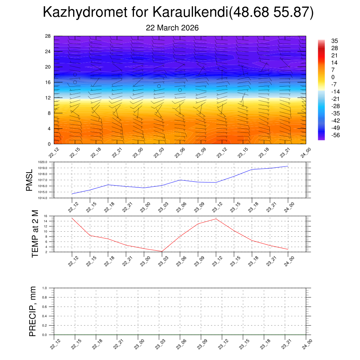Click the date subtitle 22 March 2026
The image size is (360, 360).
coord(172,28)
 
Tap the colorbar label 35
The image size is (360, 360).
coord(334,41)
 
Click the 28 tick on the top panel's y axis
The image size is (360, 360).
coord(48,36)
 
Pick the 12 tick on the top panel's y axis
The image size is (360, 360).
coord(48,98)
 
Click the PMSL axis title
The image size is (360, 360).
coord(29,180)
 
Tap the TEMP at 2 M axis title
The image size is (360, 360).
coord(35,233)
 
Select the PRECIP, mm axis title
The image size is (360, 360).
coord(33,311)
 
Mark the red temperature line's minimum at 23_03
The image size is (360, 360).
coord(162,251)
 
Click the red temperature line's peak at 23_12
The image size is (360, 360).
coord(216,219)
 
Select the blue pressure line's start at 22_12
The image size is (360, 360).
coord(72,194)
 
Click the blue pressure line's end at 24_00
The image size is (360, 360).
coord(288,166)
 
